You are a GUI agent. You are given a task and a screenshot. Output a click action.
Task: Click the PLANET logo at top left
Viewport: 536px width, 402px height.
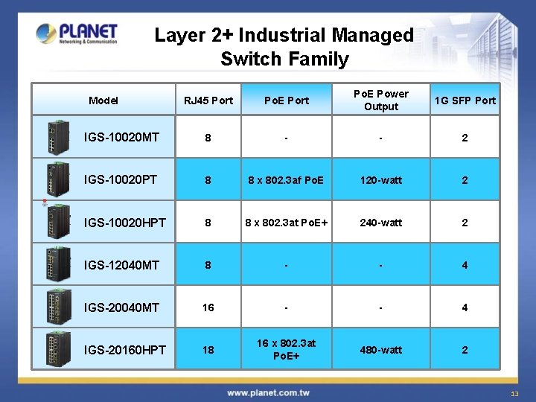click(x=77, y=33)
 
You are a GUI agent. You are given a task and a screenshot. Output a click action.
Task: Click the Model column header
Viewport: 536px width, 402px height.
click(x=103, y=100)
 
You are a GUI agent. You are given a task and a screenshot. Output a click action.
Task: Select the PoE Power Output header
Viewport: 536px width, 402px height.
click(x=380, y=100)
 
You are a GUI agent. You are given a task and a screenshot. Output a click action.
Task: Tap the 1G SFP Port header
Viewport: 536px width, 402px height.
click(x=465, y=100)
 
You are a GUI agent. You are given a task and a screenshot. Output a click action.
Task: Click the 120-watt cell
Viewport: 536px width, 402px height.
click(x=380, y=180)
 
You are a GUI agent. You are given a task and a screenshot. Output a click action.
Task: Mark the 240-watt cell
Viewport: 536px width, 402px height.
click(x=380, y=223)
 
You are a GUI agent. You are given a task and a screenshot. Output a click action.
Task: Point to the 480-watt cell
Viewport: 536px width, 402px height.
click(x=380, y=350)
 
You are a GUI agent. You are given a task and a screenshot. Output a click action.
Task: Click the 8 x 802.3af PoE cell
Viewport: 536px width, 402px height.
click(x=287, y=180)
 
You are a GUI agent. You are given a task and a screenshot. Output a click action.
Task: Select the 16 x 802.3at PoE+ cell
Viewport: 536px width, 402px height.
click(x=287, y=349)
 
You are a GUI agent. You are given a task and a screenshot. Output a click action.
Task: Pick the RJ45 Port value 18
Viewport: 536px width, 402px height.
click(x=208, y=350)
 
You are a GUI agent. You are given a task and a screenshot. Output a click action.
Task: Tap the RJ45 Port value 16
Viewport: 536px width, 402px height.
click(x=208, y=307)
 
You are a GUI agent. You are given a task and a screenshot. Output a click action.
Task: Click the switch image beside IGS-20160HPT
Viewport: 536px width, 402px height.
click(x=58, y=349)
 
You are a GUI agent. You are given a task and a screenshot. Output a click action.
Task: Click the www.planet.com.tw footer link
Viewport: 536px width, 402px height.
click(x=268, y=392)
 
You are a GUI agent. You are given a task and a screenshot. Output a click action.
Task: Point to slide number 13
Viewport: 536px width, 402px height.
click(x=514, y=394)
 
